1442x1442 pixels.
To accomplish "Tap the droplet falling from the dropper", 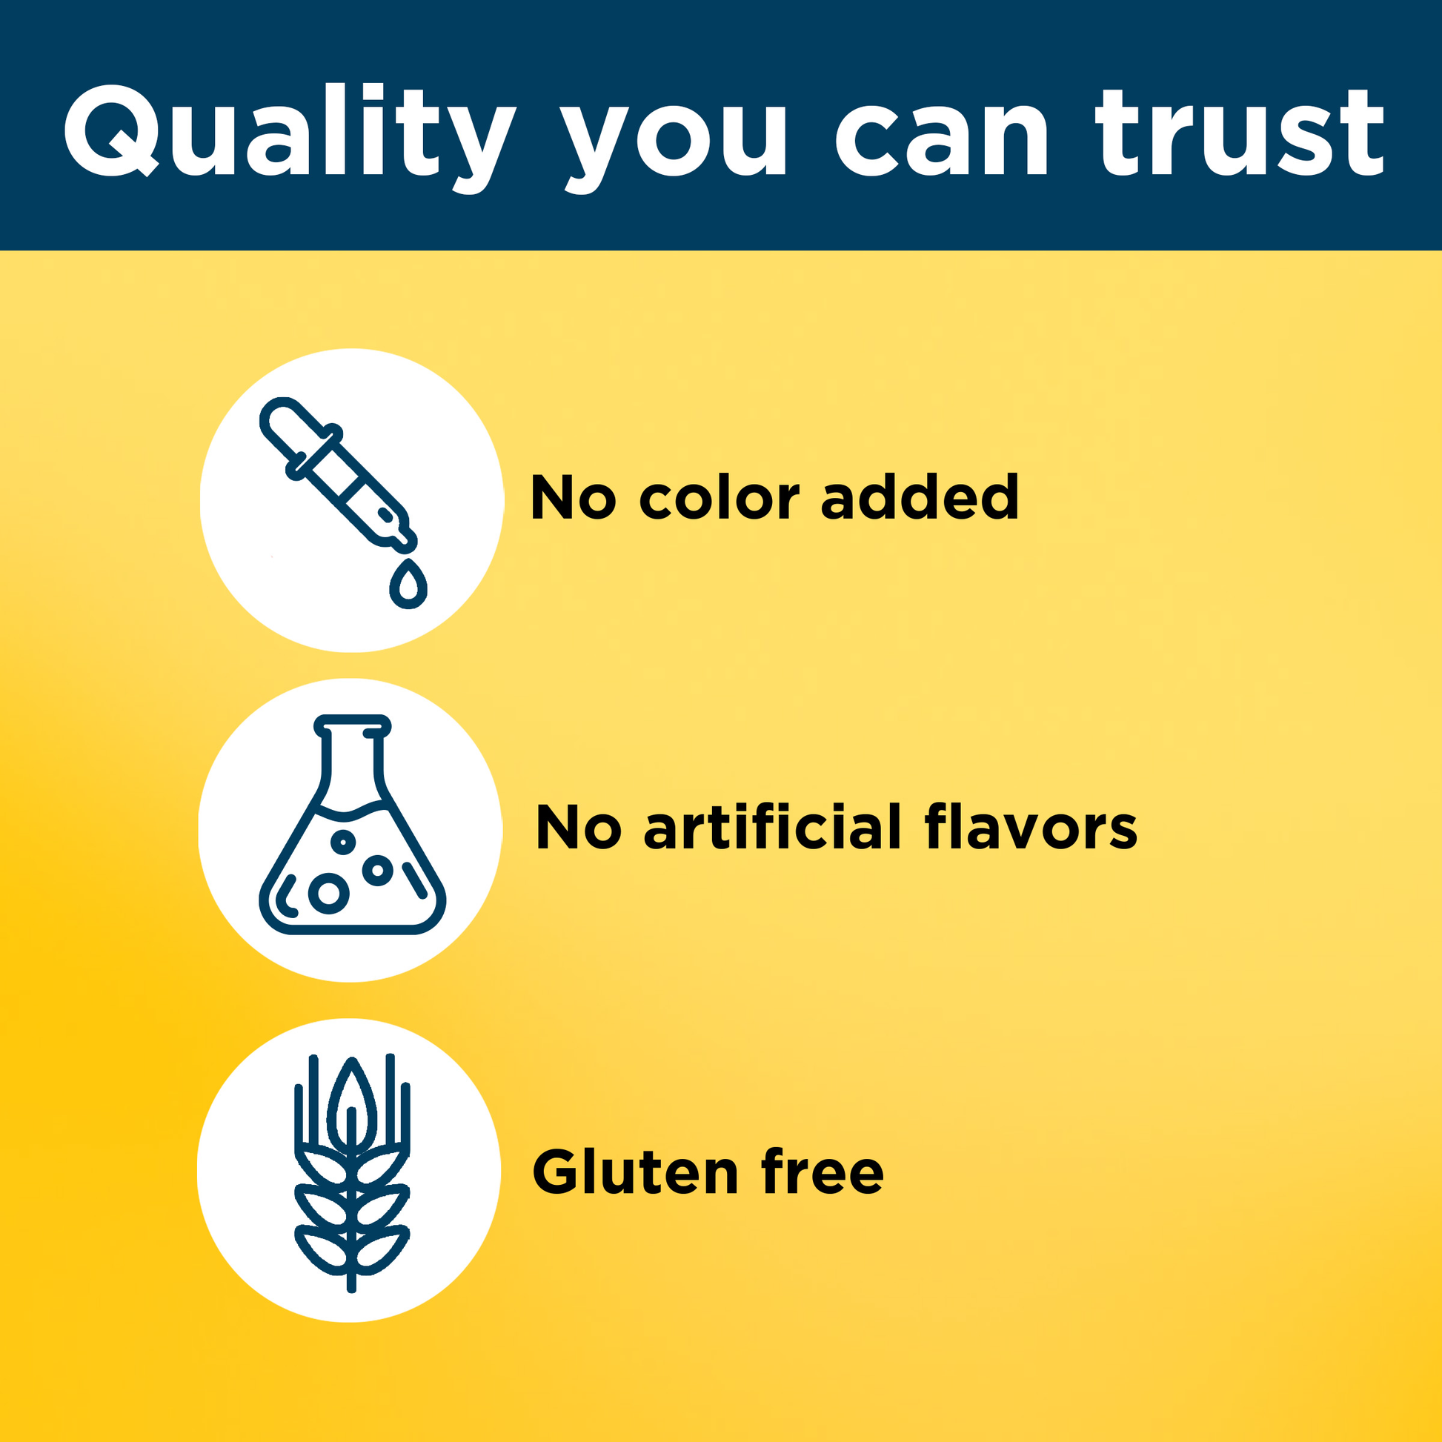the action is tap(408, 583).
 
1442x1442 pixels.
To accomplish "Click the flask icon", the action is tap(352, 825).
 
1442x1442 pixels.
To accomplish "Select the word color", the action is tap(720, 497).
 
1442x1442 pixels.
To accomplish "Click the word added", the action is tap(920, 496).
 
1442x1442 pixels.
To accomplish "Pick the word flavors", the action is tap(1031, 827).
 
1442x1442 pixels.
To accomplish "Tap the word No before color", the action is tap(574, 497).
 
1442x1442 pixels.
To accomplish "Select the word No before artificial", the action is tap(579, 828).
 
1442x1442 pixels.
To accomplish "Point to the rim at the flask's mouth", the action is tap(352, 724).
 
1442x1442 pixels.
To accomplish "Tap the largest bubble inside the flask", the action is tap(329, 892).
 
